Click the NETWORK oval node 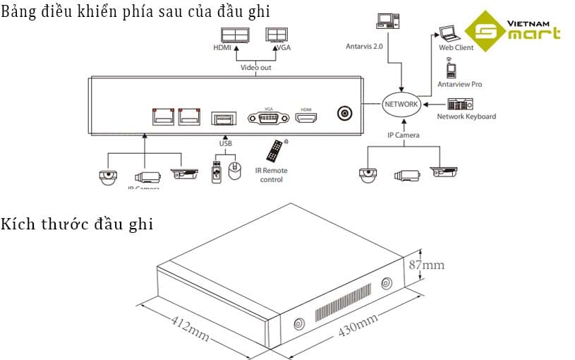coord(401,104)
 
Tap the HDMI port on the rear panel coord(306,118)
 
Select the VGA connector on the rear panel coord(268,118)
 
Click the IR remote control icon coord(274,151)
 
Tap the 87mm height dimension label coord(427,265)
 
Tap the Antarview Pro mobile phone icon coord(451,70)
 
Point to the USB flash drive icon coord(217,173)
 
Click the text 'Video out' coord(255,68)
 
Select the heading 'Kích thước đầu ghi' coord(77,224)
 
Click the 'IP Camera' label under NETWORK coord(404,135)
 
